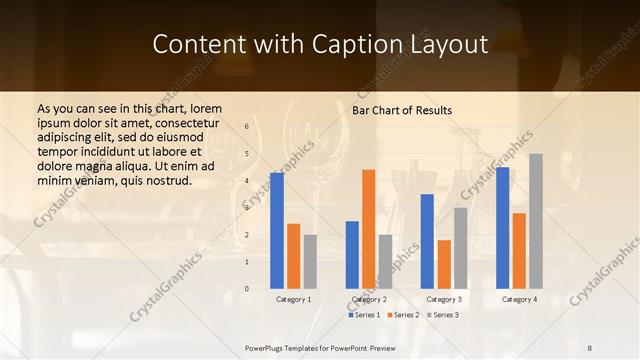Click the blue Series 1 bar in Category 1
pyautogui.click(x=277, y=231)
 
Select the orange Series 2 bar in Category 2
pyautogui.click(x=368, y=229)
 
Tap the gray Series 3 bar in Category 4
pyautogui.click(x=536, y=221)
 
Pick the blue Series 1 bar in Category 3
pyautogui.click(x=427, y=241)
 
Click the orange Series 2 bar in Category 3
pyautogui.click(x=444, y=264)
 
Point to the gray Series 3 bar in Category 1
pyautogui.click(x=310, y=261)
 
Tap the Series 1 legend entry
pyautogui.click(x=364, y=315)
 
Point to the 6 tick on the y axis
pyautogui.click(x=247, y=127)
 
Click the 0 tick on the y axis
pyautogui.click(x=247, y=289)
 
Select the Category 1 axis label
pyautogui.click(x=293, y=299)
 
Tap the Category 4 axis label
pyautogui.click(x=519, y=299)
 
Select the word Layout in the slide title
pyautogui.click(x=453, y=45)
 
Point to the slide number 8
pyautogui.click(x=590, y=348)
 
